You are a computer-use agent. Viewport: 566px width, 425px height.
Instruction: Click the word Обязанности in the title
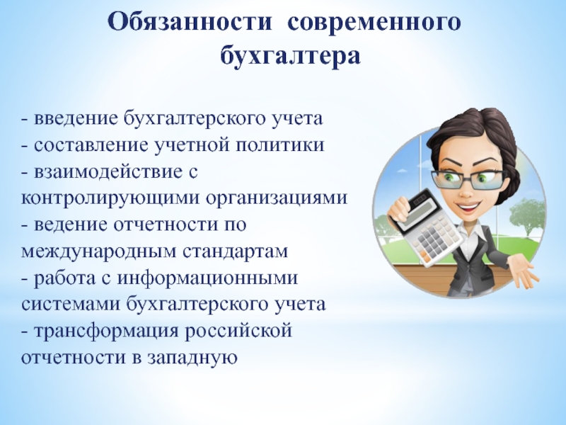point(190,22)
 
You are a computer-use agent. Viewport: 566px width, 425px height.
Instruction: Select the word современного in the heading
point(374,23)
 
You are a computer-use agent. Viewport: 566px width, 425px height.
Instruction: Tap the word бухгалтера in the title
point(290,56)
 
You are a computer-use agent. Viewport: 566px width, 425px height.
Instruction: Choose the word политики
point(280,145)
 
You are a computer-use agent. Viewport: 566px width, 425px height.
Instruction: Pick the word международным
point(98,252)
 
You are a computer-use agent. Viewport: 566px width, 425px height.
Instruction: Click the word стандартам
point(236,252)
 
